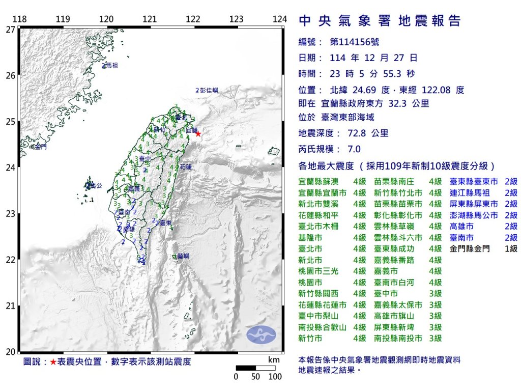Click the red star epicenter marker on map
(198, 134)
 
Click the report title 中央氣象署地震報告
(380, 21)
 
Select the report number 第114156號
(355, 42)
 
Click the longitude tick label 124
(279, 19)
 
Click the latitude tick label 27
(10, 30)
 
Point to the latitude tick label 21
(10, 305)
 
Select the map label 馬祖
(110, 66)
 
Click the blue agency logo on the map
(261, 334)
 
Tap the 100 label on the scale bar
(275, 377)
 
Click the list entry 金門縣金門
(470, 249)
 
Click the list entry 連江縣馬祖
(470, 193)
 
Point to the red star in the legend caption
(53, 362)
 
